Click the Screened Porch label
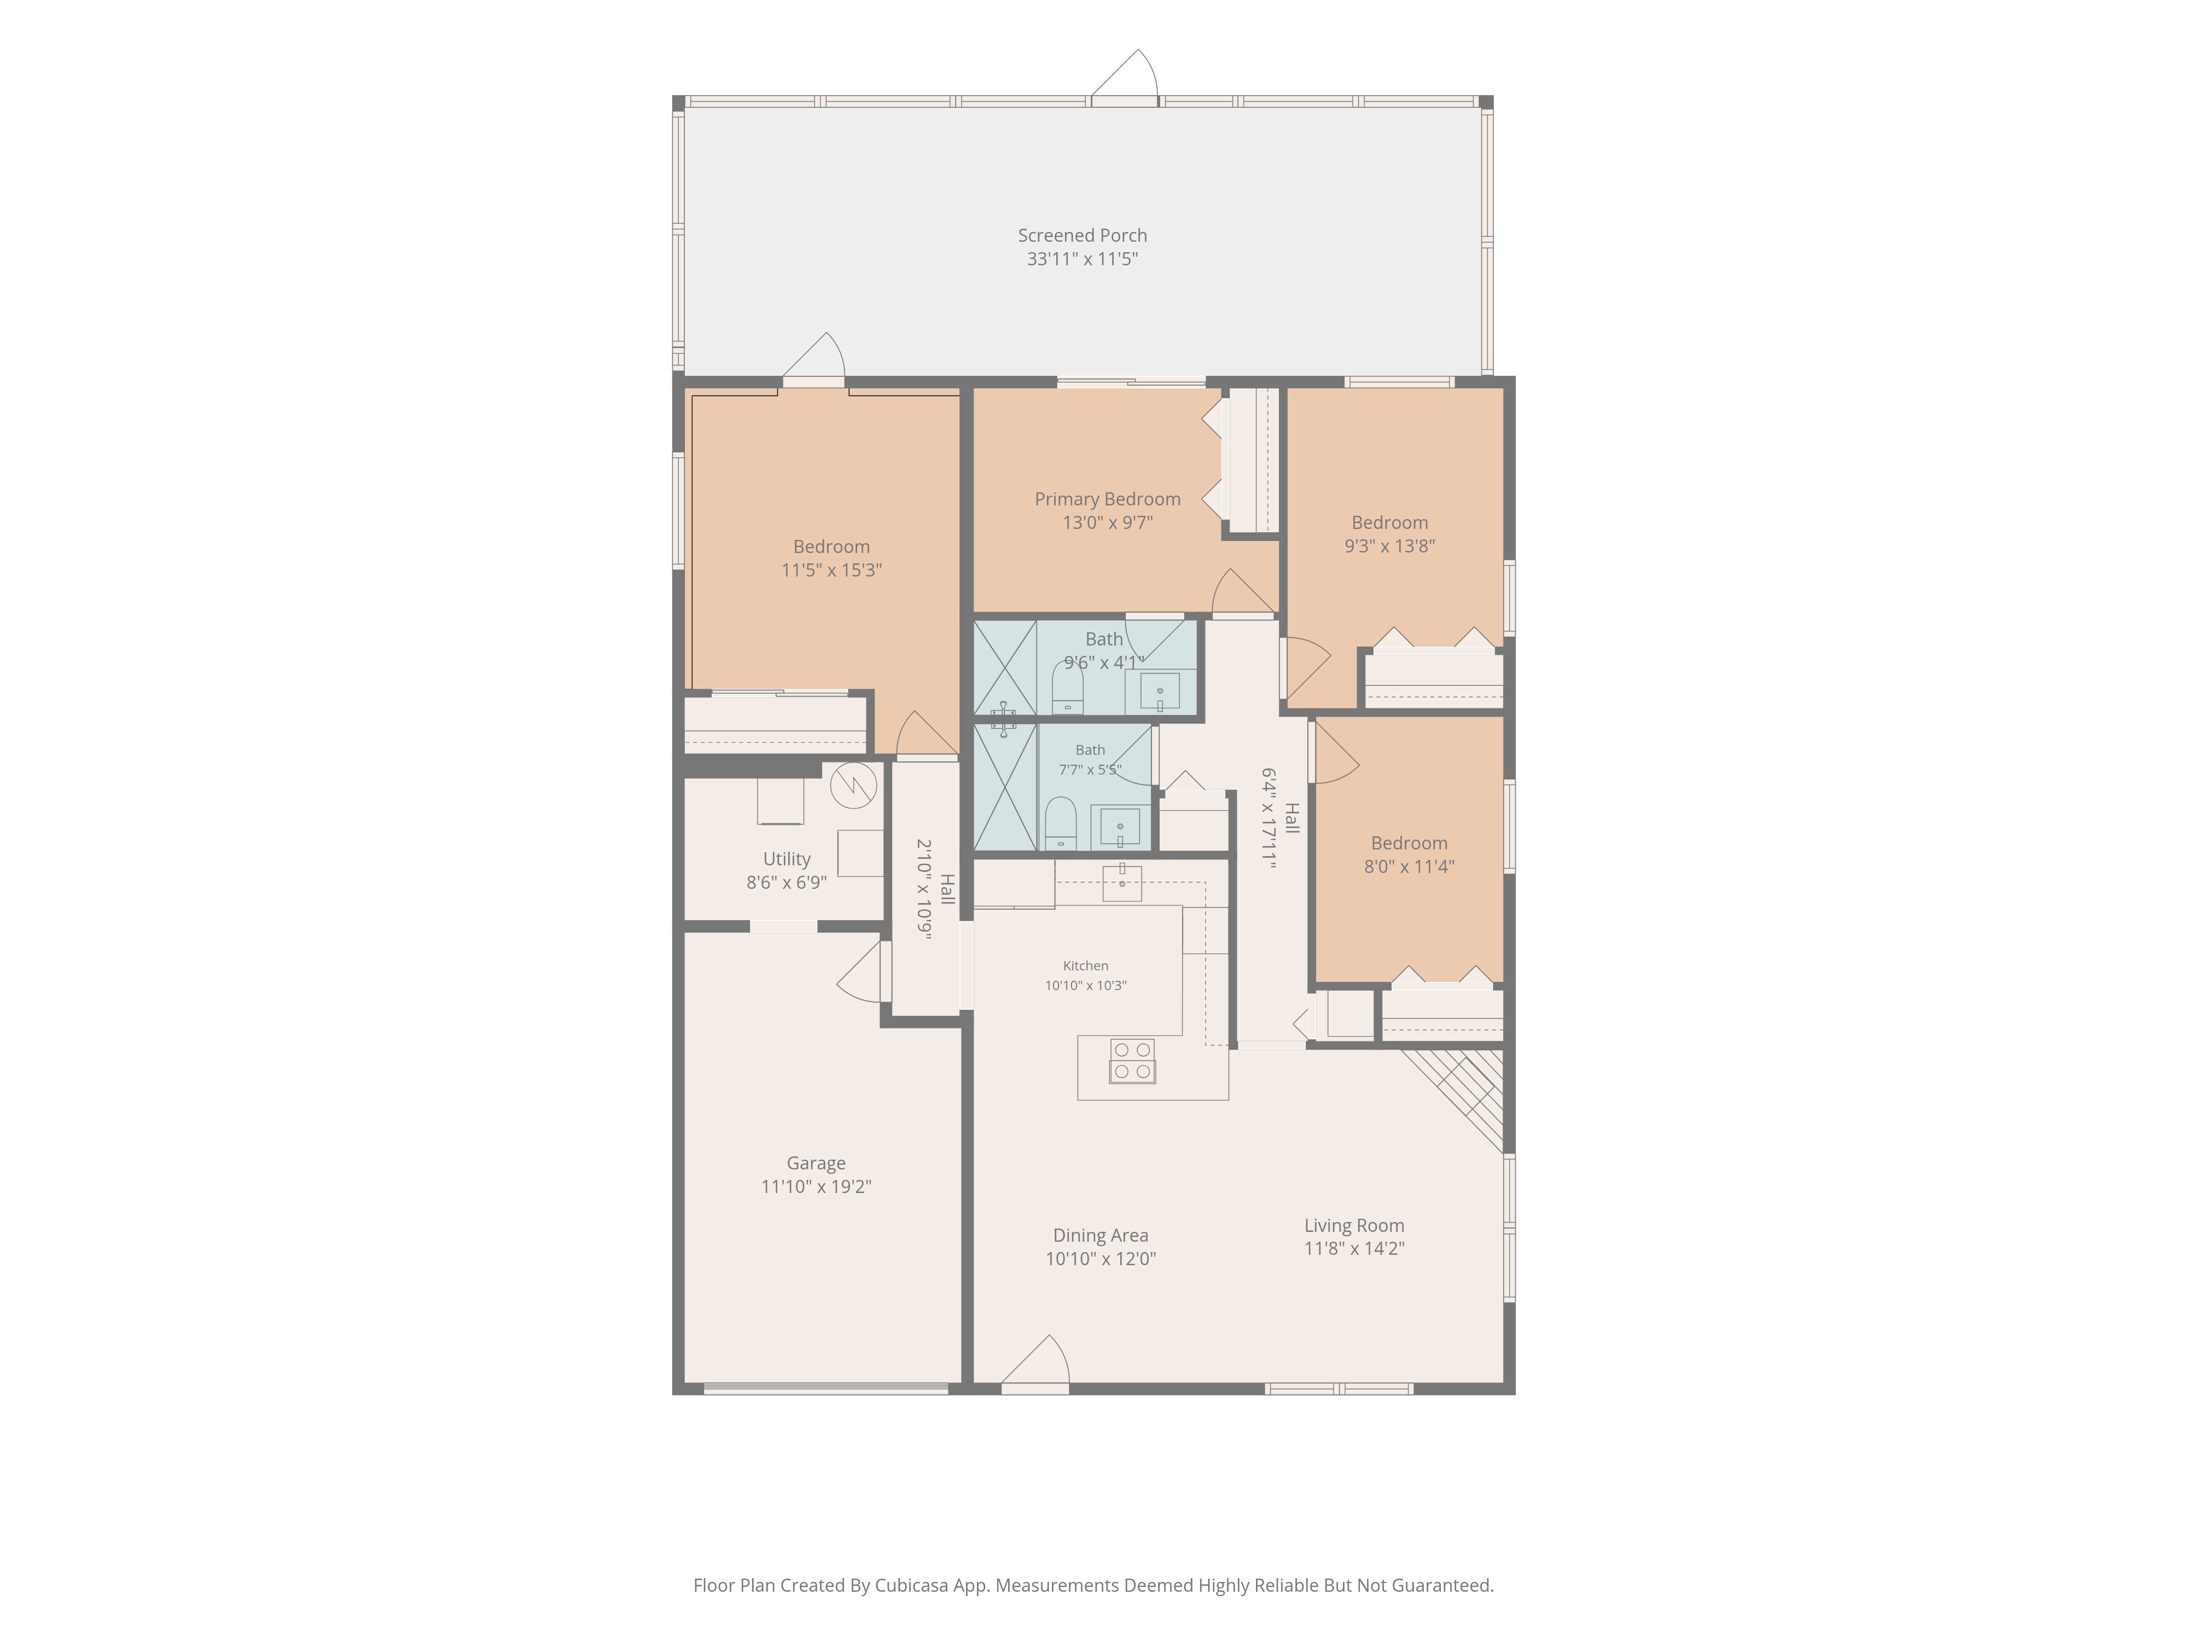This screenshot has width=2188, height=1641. pyautogui.click(x=1082, y=235)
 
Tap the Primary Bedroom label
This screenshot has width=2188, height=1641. pyautogui.click(x=1107, y=499)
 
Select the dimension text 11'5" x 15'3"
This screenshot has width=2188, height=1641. pyautogui.click(x=831, y=570)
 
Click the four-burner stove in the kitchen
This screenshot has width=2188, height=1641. pyautogui.click(x=1133, y=1061)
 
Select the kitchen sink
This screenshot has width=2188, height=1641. pyautogui.click(x=1122, y=882)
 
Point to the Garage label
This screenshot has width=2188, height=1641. pyautogui.click(x=816, y=1163)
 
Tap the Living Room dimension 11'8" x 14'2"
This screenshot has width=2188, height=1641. pyautogui.click(x=1354, y=1248)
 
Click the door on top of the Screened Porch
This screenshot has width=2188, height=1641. pyautogui.click(x=1125, y=75)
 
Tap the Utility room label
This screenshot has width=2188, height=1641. pyautogui.click(x=787, y=859)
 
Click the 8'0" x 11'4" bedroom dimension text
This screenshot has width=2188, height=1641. pyautogui.click(x=1410, y=866)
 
